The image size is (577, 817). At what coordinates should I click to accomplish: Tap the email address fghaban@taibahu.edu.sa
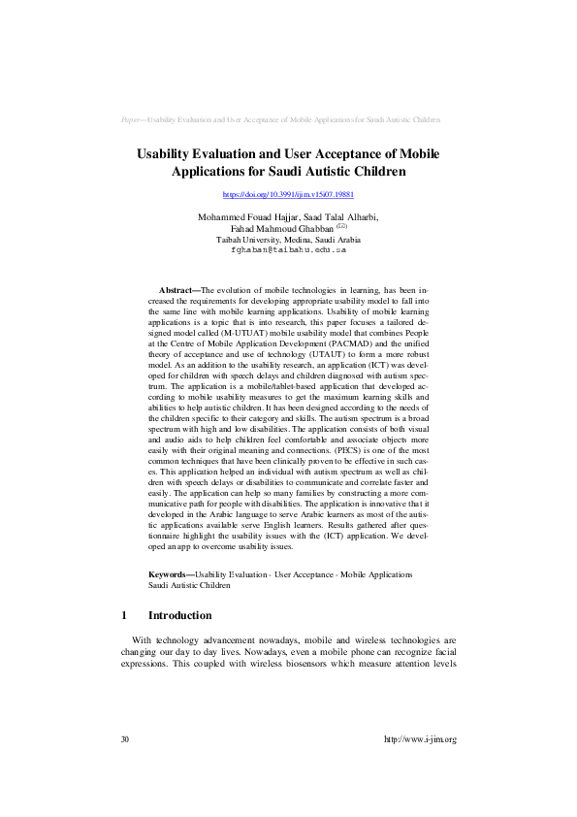click(x=288, y=249)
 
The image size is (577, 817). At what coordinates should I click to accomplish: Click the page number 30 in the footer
click(x=125, y=739)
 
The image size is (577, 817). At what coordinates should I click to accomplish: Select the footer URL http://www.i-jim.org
click(x=420, y=739)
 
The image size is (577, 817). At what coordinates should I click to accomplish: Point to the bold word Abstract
click(x=177, y=290)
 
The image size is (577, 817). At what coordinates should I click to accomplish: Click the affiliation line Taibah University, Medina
click(x=287, y=239)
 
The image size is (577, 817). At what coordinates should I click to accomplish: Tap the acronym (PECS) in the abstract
click(x=347, y=479)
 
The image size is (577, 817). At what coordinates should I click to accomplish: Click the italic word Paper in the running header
click(x=131, y=119)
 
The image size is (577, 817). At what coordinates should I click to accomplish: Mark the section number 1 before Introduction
click(x=124, y=615)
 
